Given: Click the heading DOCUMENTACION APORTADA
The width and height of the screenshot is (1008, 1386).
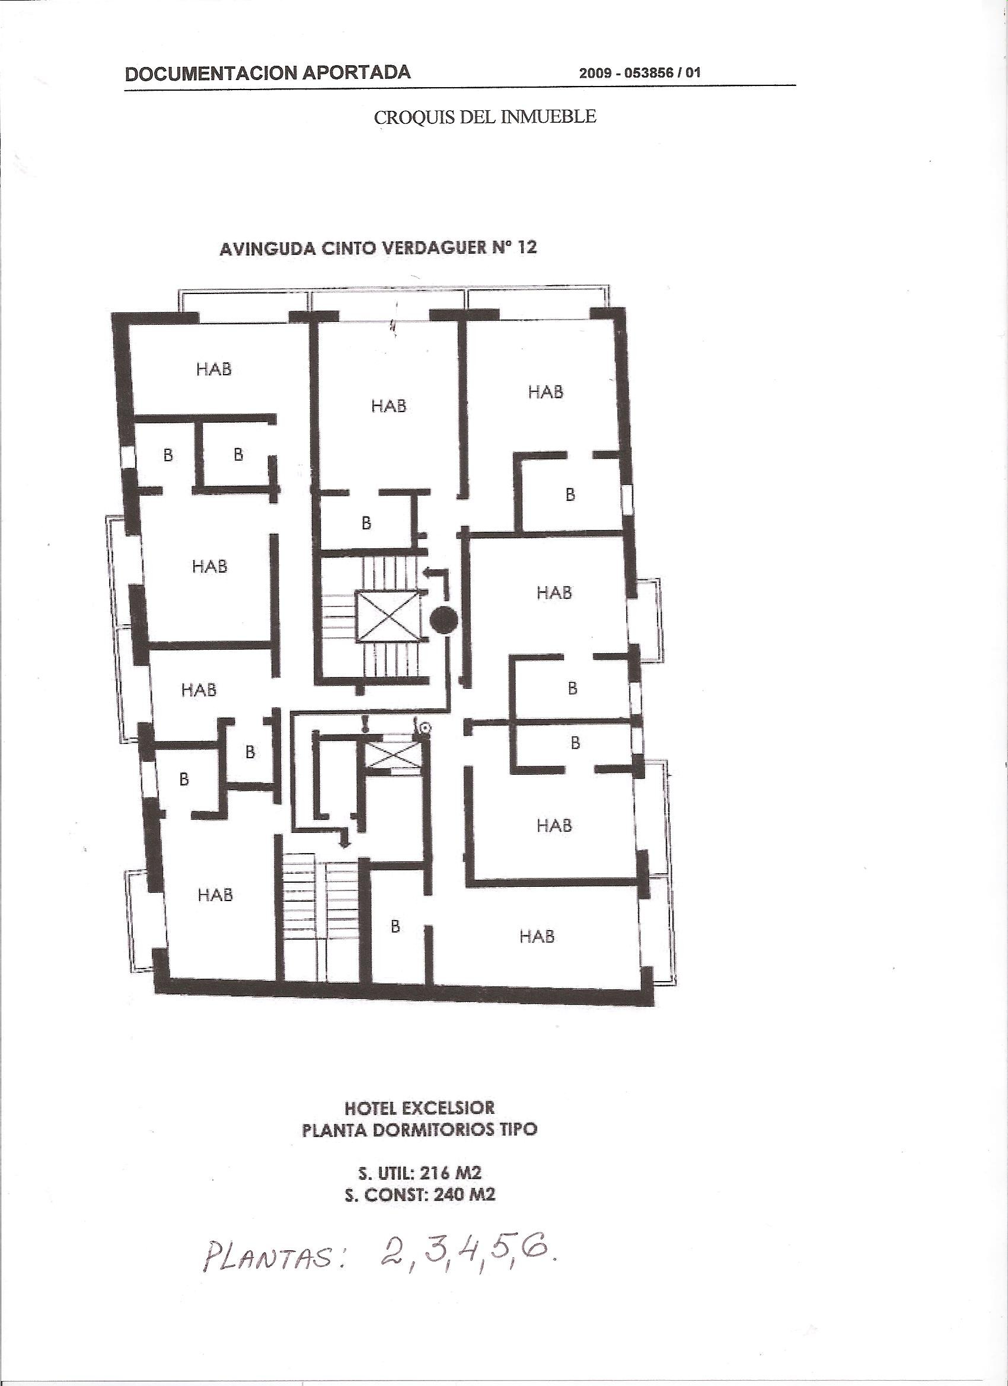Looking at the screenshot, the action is coord(268,73).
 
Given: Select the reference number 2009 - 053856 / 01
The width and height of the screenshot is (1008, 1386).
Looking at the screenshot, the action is coord(640,74).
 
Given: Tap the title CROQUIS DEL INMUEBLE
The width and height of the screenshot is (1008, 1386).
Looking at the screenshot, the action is coord(485,117).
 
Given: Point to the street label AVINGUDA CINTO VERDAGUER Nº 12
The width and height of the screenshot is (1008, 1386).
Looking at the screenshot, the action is coord(378,248).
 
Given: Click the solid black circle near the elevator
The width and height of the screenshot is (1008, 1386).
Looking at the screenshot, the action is coord(443,621).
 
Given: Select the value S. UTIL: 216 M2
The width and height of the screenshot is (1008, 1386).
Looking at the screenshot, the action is coord(420,1173).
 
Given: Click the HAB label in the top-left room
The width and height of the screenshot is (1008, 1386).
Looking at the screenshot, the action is coord(214,369).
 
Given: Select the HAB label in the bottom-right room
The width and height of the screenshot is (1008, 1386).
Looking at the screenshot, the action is coord(537,935).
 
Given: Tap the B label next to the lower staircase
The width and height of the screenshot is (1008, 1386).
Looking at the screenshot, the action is coord(395,927).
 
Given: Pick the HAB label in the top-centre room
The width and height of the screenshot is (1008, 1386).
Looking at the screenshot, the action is coord(389,405).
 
